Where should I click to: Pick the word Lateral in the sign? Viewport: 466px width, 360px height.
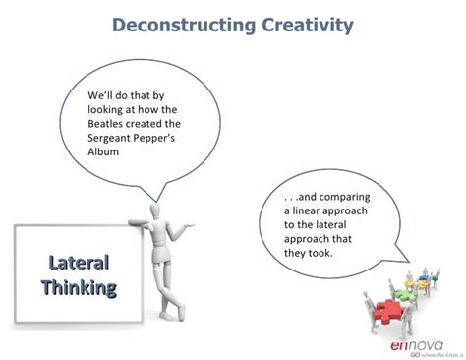click(x=79, y=263)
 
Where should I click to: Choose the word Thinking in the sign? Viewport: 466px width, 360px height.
click(x=79, y=287)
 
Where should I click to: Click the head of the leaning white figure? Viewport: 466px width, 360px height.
click(x=157, y=211)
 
